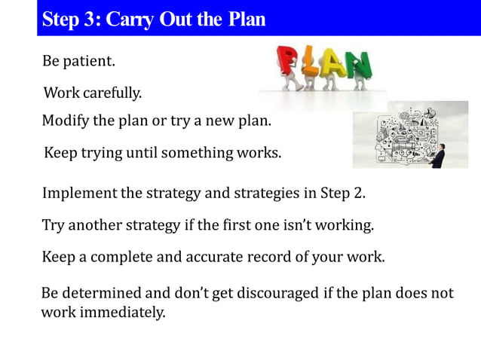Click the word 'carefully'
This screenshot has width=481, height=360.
click(112, 94)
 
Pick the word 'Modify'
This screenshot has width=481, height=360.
click(66, 121)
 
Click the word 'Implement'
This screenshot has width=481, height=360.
click(79, 193)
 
